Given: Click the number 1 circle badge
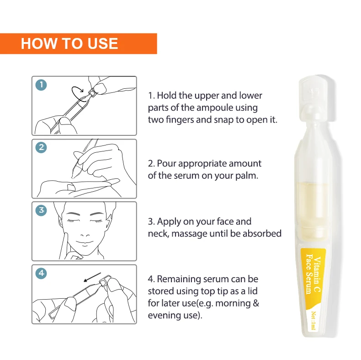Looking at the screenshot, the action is tap(41, 85).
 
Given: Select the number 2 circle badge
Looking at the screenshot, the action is tap(41, 147).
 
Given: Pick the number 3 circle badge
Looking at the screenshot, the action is tap(41, 210).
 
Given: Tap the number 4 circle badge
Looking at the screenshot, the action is tap(41, 274).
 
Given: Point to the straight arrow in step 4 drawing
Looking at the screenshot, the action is tap(92, 277).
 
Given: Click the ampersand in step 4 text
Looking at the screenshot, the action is tap(256, 303).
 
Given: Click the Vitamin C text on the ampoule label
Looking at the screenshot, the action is tap(317, 274).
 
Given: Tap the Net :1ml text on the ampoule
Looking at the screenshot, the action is tap(313, 320).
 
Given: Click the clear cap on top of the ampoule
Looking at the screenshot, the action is tap(317, 98).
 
